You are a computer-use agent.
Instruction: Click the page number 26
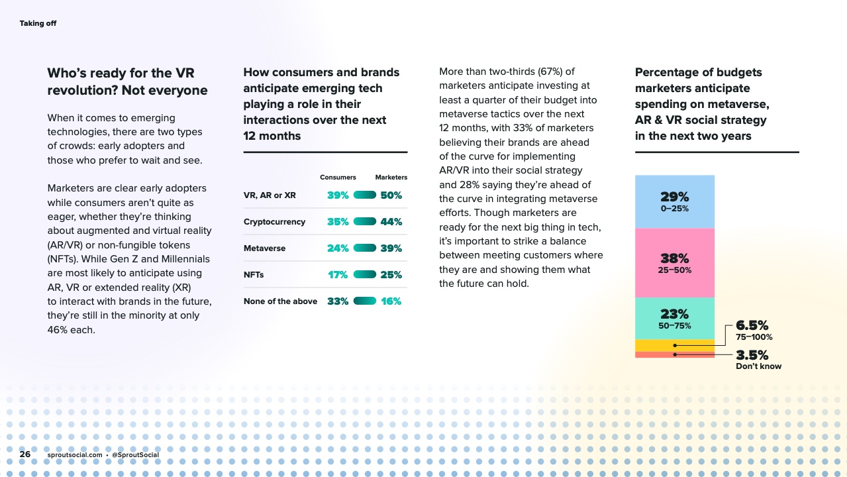pos(25,455)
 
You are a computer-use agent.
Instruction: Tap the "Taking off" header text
pos(38,24)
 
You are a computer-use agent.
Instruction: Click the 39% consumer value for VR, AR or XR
pos(338,195)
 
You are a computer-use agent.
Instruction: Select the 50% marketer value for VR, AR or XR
pos(391,195)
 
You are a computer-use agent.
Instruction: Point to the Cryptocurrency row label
pos(274,222)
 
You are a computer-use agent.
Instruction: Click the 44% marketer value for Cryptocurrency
pos(391,222)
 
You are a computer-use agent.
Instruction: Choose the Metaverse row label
pos(264,248)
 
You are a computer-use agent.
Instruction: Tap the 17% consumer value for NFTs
pos(338,275)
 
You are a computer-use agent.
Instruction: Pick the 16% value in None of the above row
pos(391,301)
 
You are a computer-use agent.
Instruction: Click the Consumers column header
pos(338,178)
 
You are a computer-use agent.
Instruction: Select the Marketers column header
pos(391,178)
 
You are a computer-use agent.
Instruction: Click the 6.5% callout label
pos(752,325)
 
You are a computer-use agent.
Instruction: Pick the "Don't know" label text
pos(758,366)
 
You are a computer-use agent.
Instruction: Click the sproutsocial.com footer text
pos(75,455)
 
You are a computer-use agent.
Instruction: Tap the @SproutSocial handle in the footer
pos(135,455)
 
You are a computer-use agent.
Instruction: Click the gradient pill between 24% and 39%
pos(365,248)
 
